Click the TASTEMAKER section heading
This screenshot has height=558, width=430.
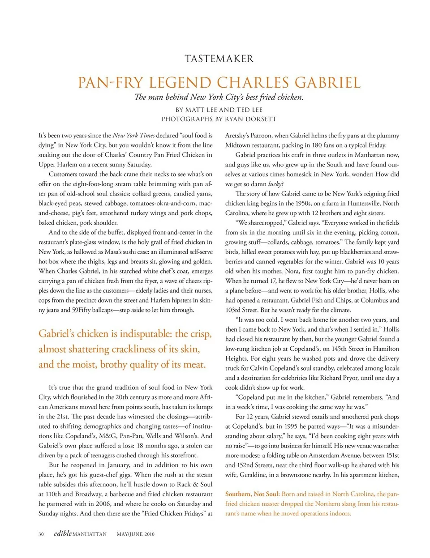219,59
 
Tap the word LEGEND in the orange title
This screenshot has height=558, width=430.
185,83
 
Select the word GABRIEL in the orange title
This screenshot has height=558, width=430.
327,83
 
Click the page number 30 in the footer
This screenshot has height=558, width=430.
41,534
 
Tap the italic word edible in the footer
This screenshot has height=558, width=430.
62,533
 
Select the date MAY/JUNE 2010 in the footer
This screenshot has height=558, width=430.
135,534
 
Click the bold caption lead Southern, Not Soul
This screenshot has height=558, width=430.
252,494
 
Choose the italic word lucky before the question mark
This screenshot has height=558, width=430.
275,184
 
